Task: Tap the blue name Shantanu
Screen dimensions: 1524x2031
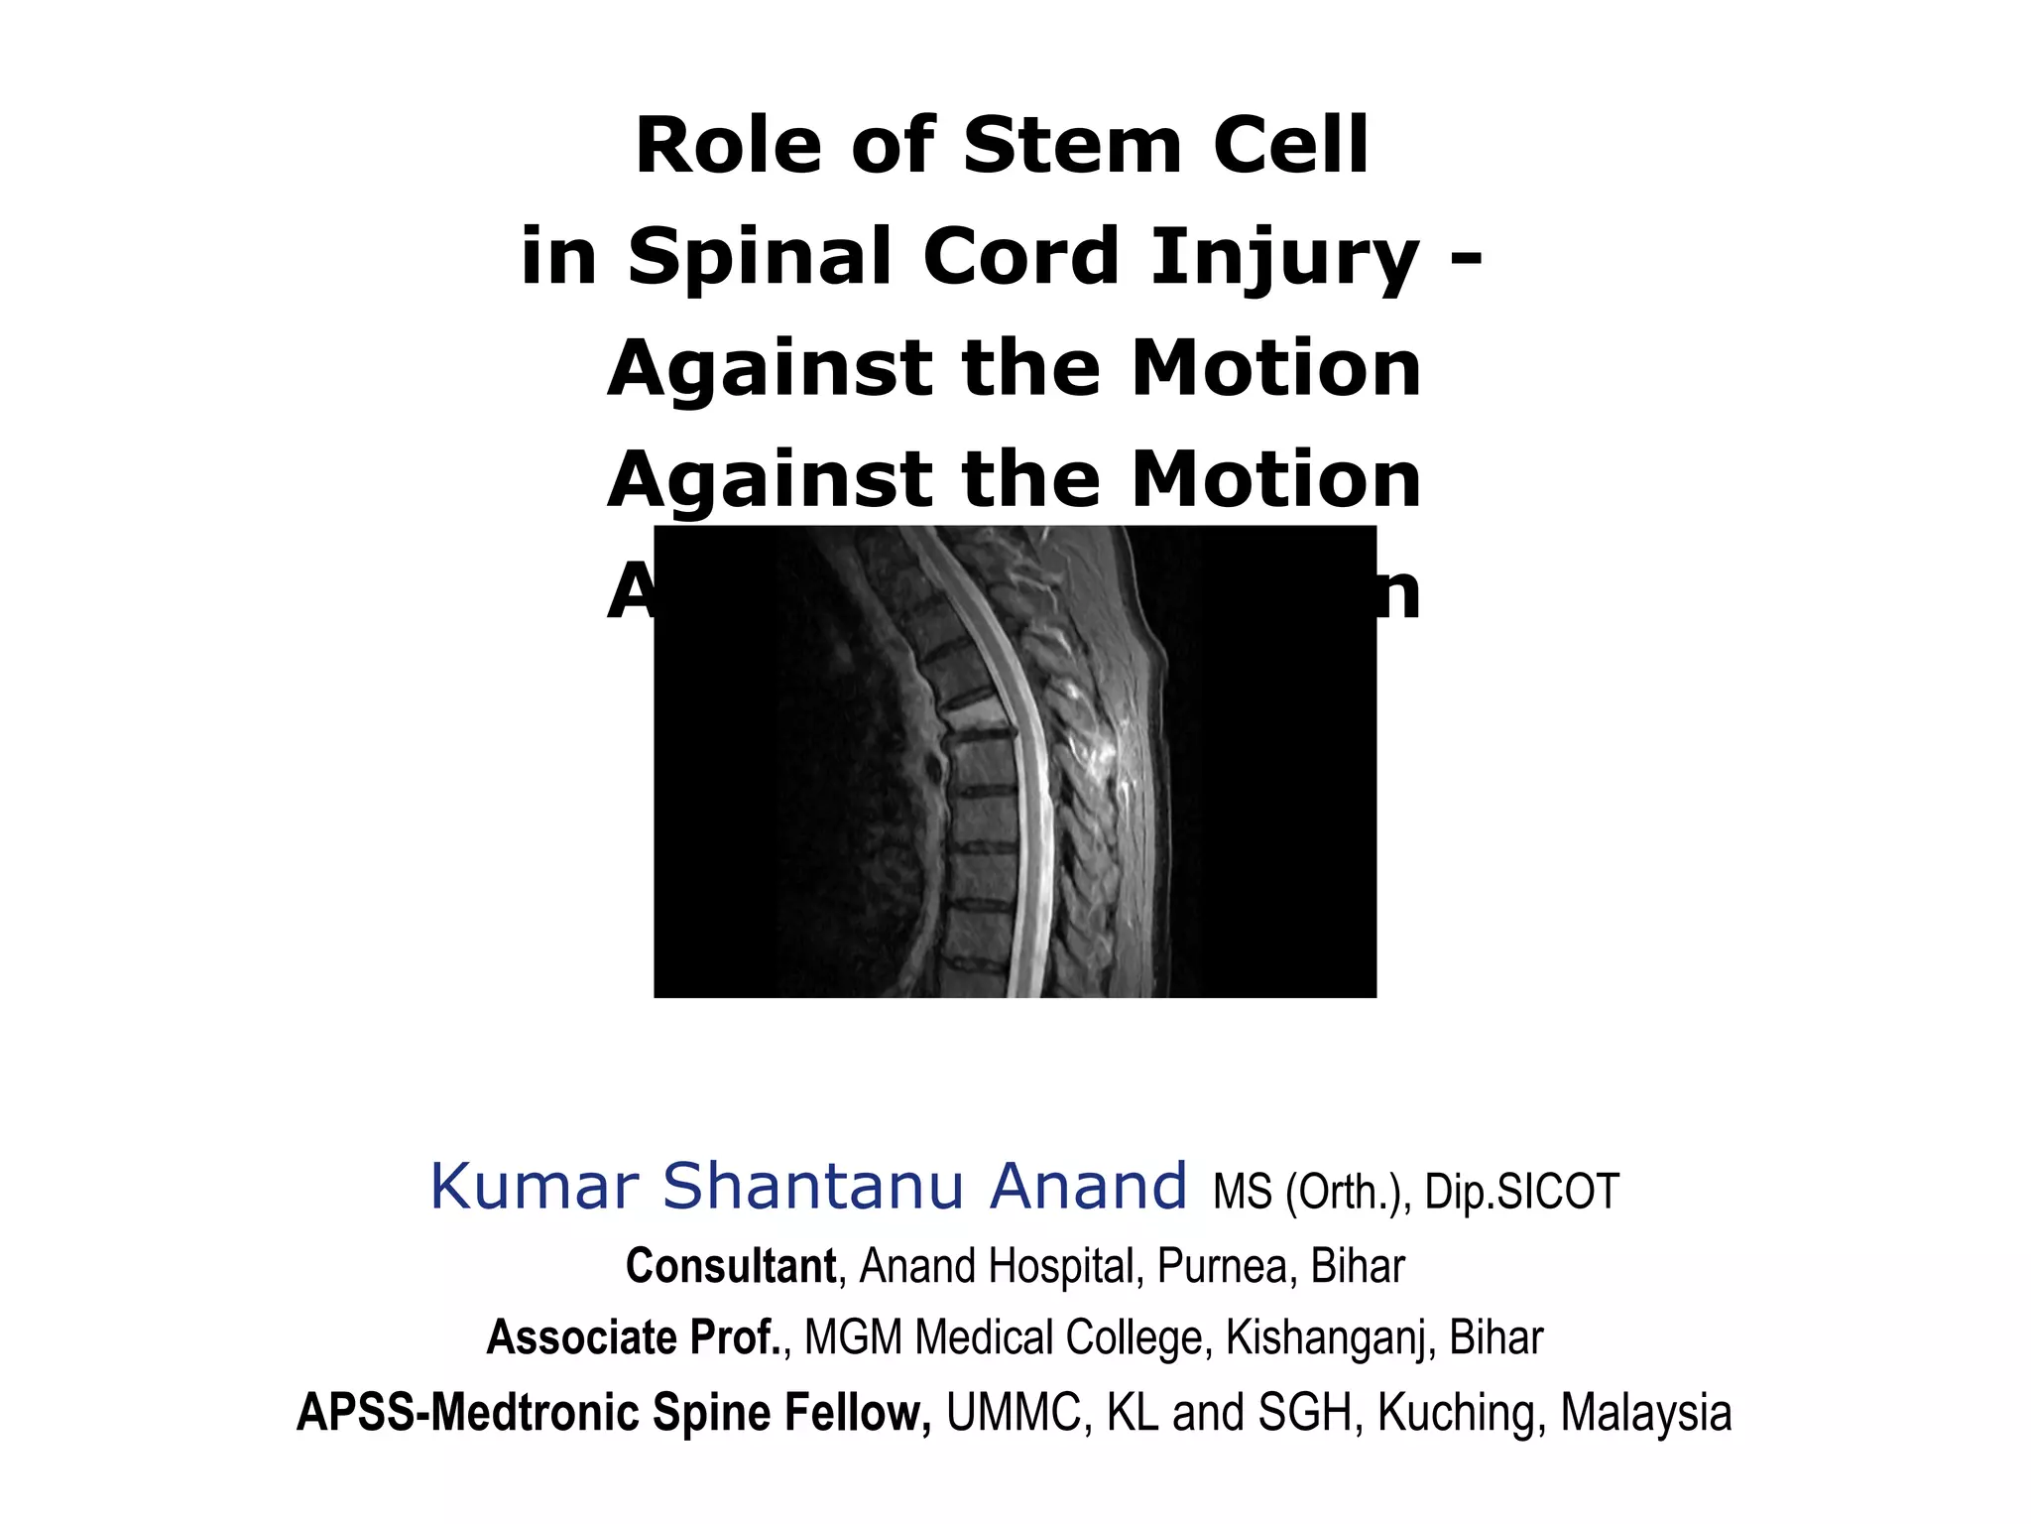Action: click(x=812, y=1187)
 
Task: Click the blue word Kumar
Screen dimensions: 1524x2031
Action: click(x=536, y=1187)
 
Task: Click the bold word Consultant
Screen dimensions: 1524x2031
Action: click(x=731, y=1266)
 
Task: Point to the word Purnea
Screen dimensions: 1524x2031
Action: click(x=1222, y=1267)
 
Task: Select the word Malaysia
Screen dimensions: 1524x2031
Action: click(x=1646, y=1413)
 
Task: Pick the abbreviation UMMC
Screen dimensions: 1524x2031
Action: click(x=1014, y=1413)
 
